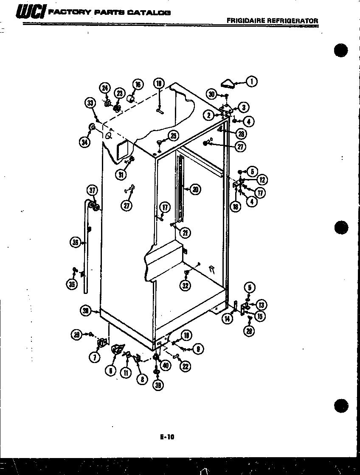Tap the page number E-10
coord(168,436)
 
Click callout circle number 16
coord(138,85)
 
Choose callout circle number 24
coord(104,89)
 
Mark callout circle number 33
coord(90,103)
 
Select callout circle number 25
coord(173,136)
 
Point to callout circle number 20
coord(195,190)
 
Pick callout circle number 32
coord(185,285)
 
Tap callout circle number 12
coord(262,180)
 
